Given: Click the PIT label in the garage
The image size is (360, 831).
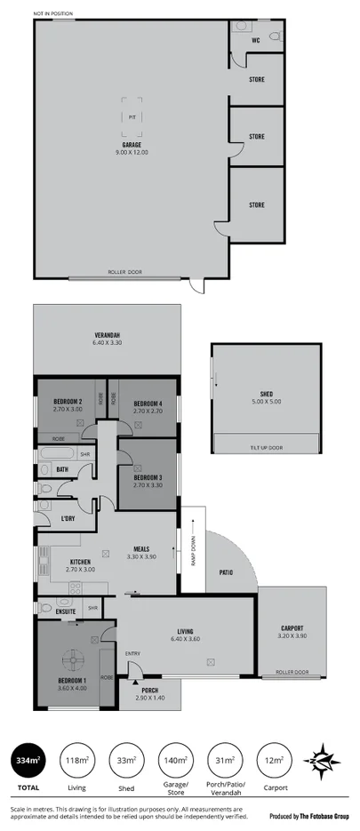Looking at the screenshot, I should pos(132,116).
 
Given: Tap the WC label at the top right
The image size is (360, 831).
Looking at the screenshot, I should pos(255,41).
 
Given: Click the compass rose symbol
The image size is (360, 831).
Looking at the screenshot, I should pos(324,760).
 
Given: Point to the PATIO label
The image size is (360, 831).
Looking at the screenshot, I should pos(226,572).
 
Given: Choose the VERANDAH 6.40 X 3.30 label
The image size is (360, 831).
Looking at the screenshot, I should pos(107,339).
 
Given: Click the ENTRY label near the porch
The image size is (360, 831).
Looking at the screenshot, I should pos(132,654).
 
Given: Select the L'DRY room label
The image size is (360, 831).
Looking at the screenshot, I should pos(67,518).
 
